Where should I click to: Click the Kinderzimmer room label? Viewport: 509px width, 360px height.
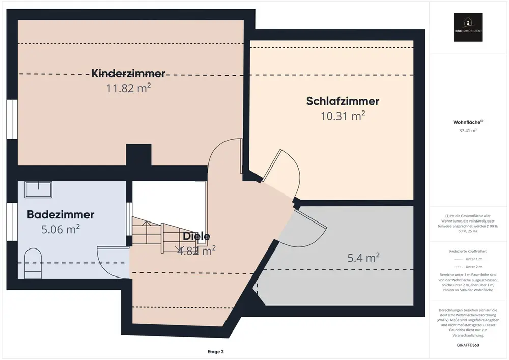pyautogui.click(x=128, y=73)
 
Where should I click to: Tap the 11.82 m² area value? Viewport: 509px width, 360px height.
pyautogui.click(x=128, y=88)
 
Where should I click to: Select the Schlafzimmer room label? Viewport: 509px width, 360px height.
pyautogui.click(x=343, y=101)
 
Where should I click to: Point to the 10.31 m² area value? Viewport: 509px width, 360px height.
pyautogui.click(x=343, y=116)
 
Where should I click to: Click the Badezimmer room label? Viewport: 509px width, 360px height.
pyautogui.click(x=61, y=214)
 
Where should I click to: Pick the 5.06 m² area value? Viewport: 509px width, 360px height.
pyautogui.click(x=61, y=229)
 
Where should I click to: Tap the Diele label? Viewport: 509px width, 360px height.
pyautogui.click(x=196, y=236)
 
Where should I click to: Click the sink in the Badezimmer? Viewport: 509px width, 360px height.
pyautogui.click(x=38, y=190)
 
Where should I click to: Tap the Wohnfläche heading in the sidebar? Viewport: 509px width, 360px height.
pyautogui.click(x=468, y=122)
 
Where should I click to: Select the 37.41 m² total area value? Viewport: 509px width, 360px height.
pyautogui.click(x=468, y=131)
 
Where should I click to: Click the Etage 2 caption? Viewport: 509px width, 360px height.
pyautogui.click(x=215, y=352)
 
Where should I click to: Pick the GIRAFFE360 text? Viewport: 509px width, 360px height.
pyautogui.click(x=468, y=345)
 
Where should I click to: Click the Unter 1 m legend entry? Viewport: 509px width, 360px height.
pyautogui.click(x=468, y=259)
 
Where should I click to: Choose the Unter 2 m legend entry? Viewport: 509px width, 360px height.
pyautogui.click(x=468, y=267)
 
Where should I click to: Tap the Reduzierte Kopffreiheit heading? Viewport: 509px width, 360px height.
pyautogui.click(x=468, y=251)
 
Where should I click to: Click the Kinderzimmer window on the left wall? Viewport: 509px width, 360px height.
pyautogui.click(x=11, y=119)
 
